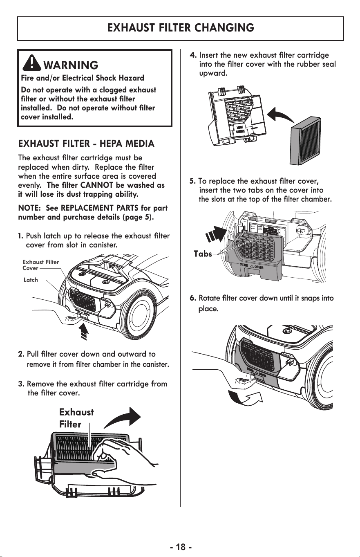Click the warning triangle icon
pyautogui.click(x=32, y=63)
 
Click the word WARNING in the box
pyautogui.click(x=71, y=65)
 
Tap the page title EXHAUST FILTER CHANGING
pyautogui.click(x=181, y=27)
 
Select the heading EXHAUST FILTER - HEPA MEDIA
pyautogui.click(x=86, y=144)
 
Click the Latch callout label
pyautogui.click(x=31, y=280)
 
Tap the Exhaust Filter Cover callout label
pyautogui.click(x=40, y=265)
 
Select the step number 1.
pyautogui.click(x=20, y=236)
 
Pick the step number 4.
pyautogui.click(x=193, y=55)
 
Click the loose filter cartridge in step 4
pyautogui.click(x=305, y=141)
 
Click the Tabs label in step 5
pyautogui.click(x=203, y=254)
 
